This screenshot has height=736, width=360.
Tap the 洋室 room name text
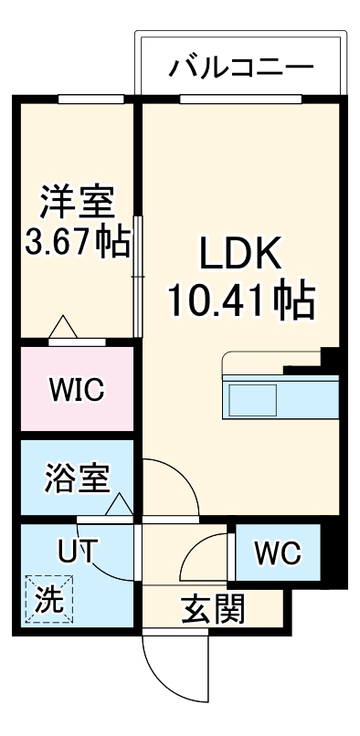coord(77,199)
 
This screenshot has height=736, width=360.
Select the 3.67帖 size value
coord(77,244)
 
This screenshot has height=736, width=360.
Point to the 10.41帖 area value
coord(240,299)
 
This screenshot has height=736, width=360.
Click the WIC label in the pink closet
coord(77,390)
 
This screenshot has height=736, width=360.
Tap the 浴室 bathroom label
coord(77,478)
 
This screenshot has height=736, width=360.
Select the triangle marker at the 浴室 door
coord(118,503)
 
